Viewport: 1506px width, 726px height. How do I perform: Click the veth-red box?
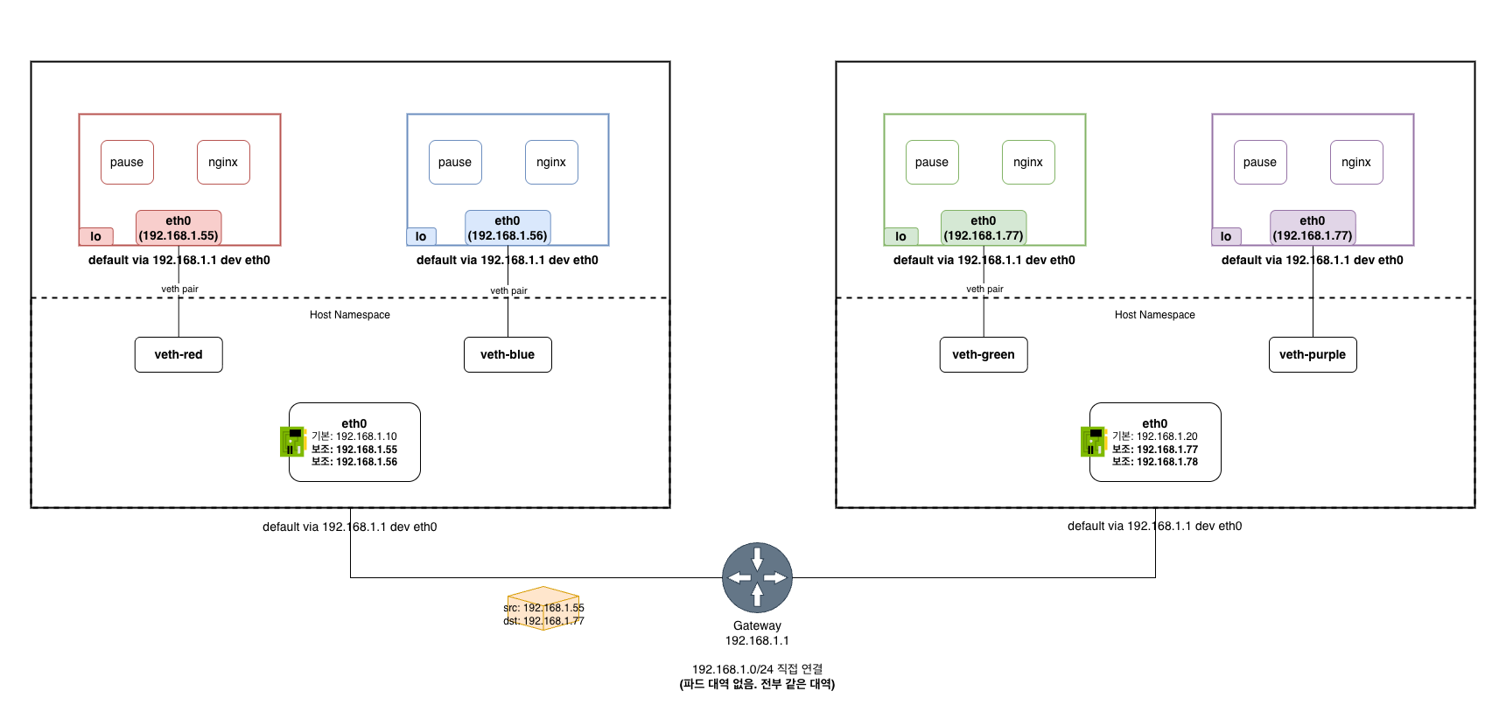tap(179, 354)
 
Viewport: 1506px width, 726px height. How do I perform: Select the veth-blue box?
tap(508, 354)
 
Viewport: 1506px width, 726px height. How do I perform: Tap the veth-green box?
tap(984, 354)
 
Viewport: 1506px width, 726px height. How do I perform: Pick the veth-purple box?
tap(1313, 354)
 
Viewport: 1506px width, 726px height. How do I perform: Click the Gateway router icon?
tap(757, 577)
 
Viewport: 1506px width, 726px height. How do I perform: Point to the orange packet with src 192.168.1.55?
tap(543, 609)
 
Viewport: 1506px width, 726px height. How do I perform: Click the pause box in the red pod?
tap(127, 162)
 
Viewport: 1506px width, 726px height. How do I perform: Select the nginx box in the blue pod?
tap(551, 162)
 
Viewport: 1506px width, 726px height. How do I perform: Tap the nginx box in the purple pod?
tap(1356, 162)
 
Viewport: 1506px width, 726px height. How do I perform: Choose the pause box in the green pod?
tap(932, 162)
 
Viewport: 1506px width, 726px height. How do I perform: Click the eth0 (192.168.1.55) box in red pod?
tap(179, 227)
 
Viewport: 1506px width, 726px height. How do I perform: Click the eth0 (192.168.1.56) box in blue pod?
tap(508, 227)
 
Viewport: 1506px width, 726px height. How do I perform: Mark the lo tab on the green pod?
tap(900, 236)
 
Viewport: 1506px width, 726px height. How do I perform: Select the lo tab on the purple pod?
tap(1226, 236)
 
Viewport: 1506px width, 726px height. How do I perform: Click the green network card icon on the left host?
tap(291, 442)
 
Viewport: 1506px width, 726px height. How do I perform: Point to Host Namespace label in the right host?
tap(1154, 315)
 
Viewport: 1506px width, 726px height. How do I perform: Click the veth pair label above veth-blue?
tap(508, 290)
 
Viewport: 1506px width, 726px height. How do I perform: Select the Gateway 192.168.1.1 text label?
tap(757, 632)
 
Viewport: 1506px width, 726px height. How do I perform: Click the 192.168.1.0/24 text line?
tap(757, 669)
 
